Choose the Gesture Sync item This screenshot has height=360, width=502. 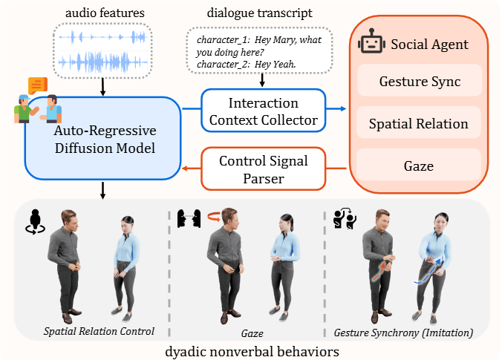(419, 81)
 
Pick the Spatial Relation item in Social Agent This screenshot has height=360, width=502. (419, 124)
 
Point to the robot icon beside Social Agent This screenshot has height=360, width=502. (371, 44)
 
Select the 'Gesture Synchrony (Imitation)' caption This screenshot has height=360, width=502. (404, 331)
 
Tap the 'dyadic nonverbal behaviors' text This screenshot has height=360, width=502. (251, 350)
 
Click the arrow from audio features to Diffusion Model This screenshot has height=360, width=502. (103, 86)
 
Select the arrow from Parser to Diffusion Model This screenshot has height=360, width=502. (192, 168)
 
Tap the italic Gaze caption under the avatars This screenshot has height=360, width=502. (247, 330)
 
